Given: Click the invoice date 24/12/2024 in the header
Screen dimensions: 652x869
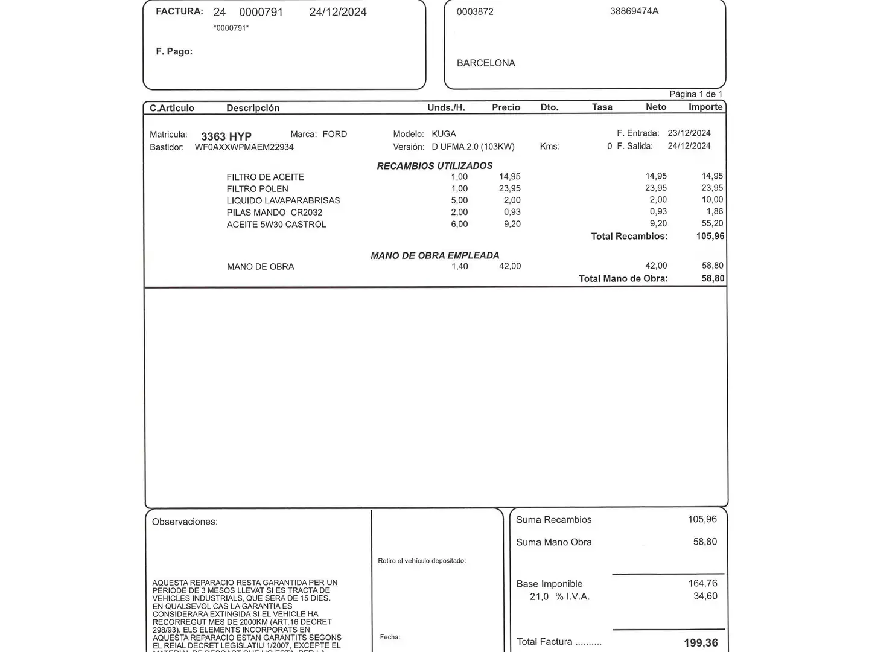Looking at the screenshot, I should pos(337,12).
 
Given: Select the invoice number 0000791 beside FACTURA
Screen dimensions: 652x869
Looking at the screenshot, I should pos(261,12).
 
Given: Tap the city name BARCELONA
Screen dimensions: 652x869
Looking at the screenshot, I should pos(486,63).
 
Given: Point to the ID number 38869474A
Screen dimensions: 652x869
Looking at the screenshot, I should pos(634,11).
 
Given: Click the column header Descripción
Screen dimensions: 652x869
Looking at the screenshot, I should pos(253,108).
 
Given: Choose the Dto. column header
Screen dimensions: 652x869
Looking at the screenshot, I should pos(549,107).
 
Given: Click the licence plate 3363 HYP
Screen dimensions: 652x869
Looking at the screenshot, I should pos(226,136).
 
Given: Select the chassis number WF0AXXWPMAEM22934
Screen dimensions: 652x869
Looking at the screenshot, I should pos(244,147).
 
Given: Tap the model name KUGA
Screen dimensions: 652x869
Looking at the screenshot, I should pos(444,134).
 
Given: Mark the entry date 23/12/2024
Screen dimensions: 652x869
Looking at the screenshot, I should pos(689,133).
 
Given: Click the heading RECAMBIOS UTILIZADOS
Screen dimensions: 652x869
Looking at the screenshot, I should pos(434,166).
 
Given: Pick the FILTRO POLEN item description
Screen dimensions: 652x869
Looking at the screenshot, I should pos(258,189).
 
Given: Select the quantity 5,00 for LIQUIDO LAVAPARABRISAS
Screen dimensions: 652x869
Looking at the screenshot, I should pos(459,200).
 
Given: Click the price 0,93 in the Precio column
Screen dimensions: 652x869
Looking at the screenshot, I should pos(512,212).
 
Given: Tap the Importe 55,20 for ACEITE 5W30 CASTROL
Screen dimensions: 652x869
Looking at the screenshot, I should pos(712,223).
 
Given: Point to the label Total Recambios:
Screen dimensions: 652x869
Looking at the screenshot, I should pos(629,237).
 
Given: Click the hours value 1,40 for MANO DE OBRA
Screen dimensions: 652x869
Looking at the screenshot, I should pos(459,266).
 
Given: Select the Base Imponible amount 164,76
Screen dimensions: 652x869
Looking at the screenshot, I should pos(702,583).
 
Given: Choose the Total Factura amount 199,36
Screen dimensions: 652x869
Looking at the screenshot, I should pos(701,643).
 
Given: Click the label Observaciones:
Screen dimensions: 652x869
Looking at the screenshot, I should pos(185,522).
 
